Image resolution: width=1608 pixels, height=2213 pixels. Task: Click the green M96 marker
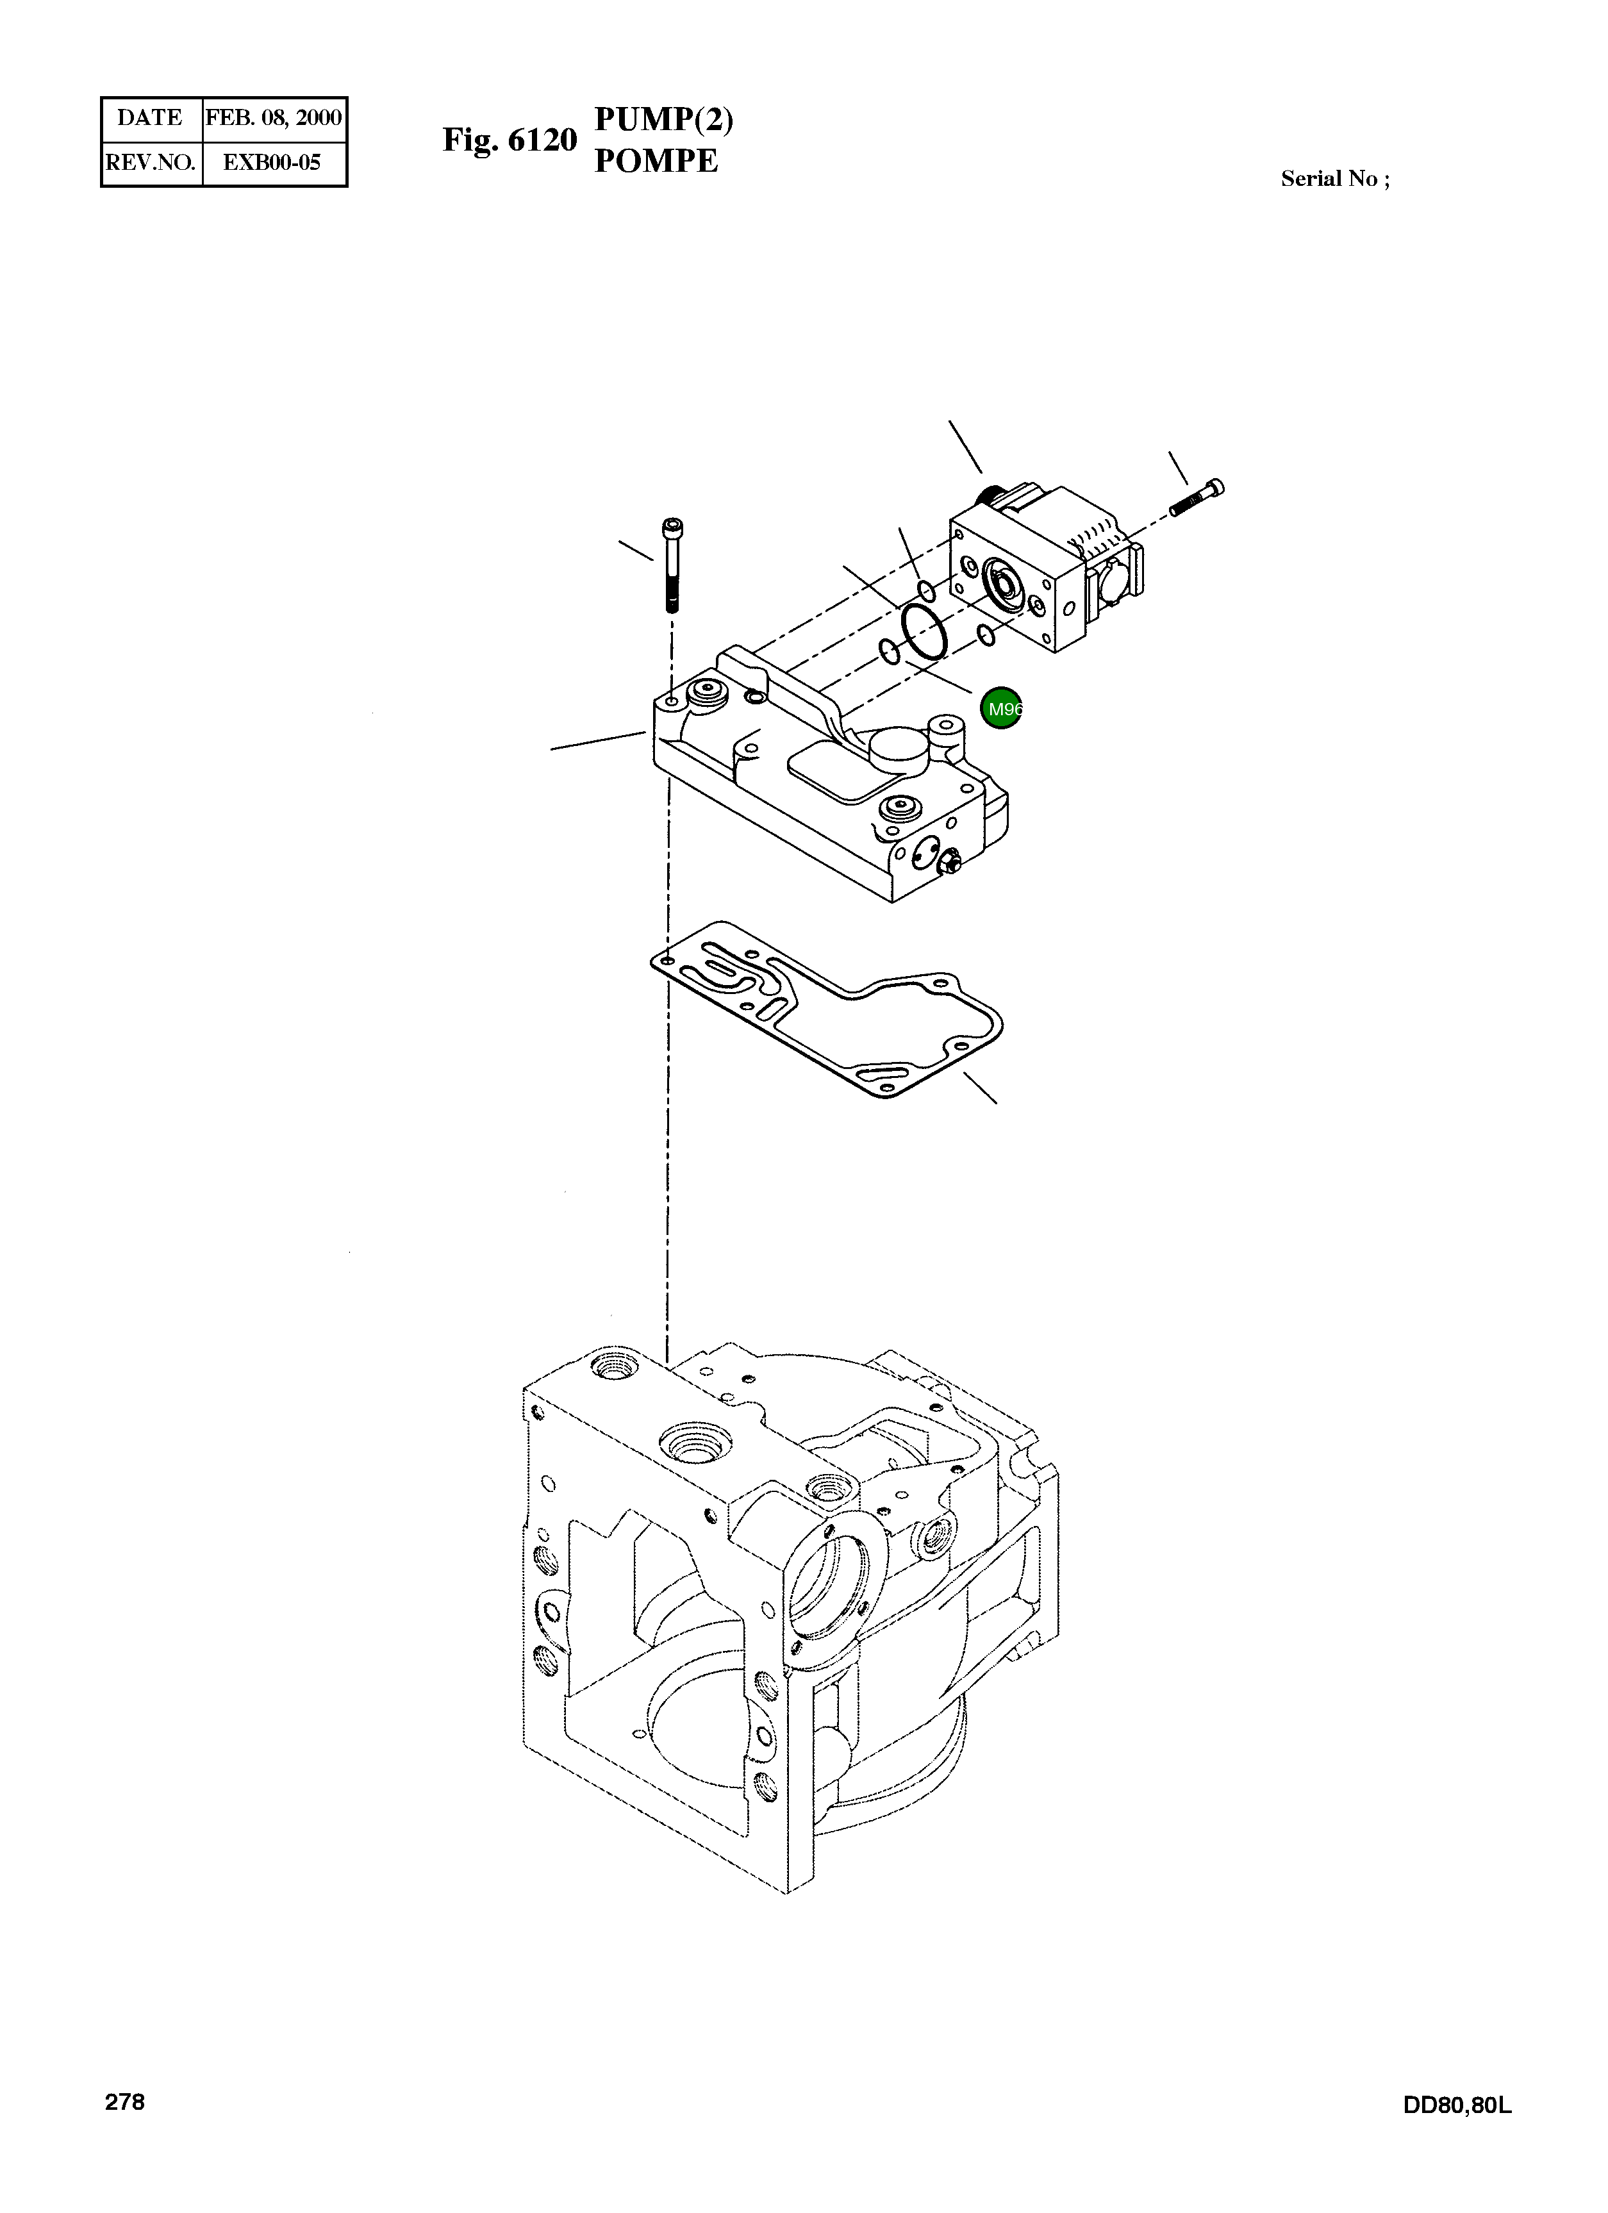[1001, 708]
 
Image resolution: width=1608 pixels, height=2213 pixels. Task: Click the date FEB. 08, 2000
[273, 118]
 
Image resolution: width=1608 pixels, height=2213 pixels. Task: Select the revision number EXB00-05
[272, 163]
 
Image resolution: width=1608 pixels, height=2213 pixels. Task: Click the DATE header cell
[150, 118]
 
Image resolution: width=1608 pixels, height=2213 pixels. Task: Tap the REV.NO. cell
[150, 163]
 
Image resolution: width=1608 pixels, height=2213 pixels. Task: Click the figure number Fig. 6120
[510, 140]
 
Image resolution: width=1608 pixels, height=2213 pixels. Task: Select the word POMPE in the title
[656, 161]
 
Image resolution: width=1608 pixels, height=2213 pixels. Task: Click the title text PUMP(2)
[663, 119]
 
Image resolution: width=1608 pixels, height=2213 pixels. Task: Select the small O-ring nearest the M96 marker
[986, 637]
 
